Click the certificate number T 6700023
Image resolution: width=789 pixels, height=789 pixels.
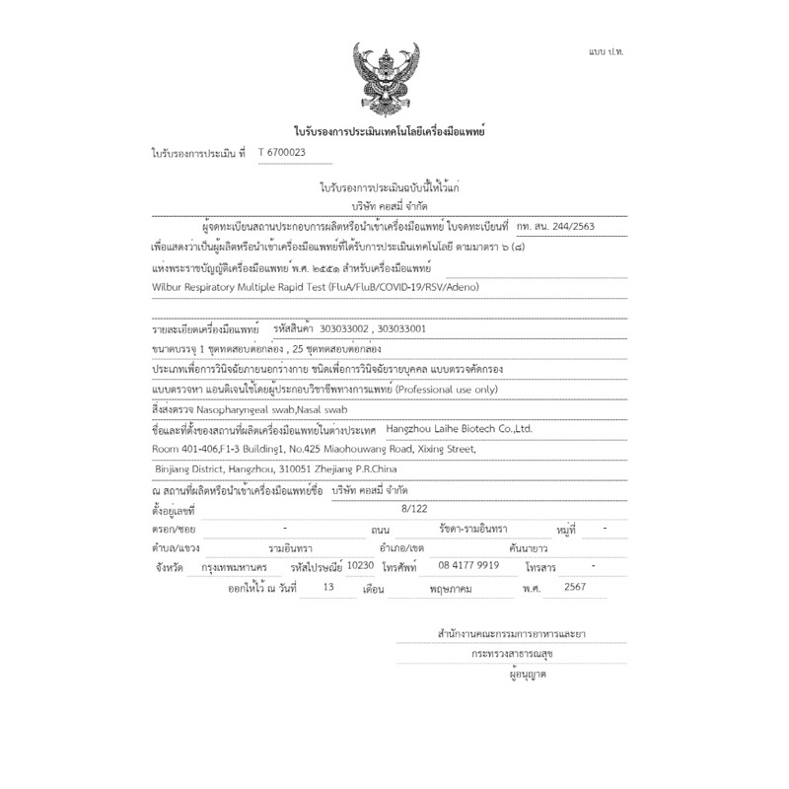tap(281, 153)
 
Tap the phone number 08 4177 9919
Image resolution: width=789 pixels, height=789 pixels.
tap(467, 566)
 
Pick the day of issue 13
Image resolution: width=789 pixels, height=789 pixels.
tap(328, 587)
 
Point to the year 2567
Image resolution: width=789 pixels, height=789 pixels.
tap(573, 587)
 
